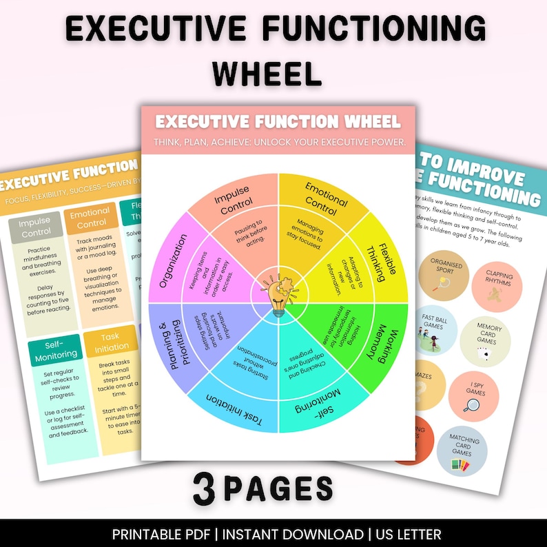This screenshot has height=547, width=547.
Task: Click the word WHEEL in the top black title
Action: coord(273,72)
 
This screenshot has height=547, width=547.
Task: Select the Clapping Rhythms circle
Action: coord(499,283)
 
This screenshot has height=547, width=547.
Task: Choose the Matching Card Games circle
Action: coord(462,448)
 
